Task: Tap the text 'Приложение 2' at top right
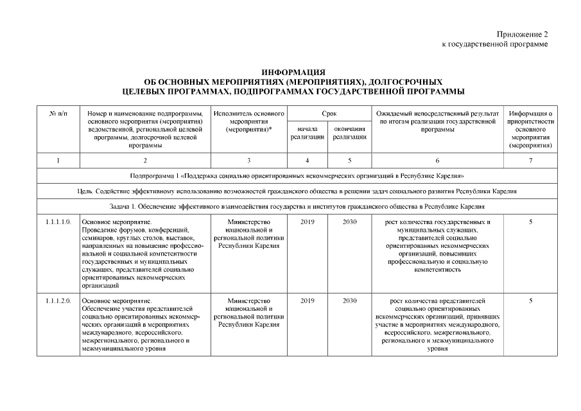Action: (522, 34)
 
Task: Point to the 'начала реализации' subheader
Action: (307, 133)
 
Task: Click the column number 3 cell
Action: (248, 161)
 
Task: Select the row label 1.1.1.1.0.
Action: (58, 222)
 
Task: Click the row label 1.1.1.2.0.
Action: (58, 301)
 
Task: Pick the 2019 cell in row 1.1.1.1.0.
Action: (307, 222)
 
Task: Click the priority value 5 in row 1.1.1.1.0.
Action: (530, 222)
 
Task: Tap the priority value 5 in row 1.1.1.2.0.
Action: (530, 301)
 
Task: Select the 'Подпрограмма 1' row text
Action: (297, 175)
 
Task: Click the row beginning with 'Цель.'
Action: (297, 191)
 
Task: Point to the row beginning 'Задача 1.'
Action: (297, 207)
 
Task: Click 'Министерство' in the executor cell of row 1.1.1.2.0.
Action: (248, 301)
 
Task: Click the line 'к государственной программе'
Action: (494, 44)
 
